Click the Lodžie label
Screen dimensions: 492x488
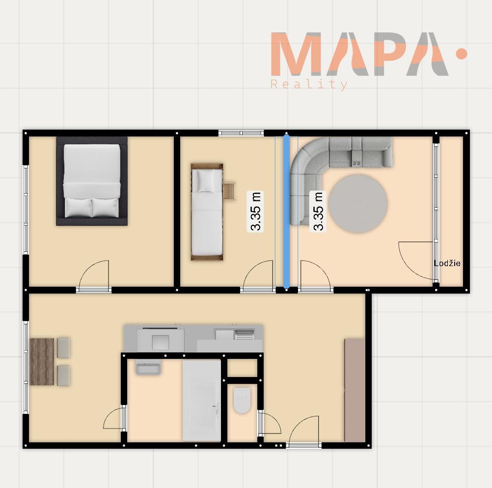(447, 263)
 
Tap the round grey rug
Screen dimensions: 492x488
(358, 204)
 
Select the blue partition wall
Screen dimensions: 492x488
(286, 211)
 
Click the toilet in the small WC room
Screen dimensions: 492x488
(242, 401)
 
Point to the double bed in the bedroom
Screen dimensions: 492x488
(92, 181)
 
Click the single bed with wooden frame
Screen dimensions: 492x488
(207, 212)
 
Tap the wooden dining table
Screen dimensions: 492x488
(42, 361)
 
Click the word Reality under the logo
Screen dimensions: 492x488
(309, 85)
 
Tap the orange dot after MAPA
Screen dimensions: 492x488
(461, 54)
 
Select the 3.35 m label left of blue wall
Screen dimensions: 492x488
(256, 211)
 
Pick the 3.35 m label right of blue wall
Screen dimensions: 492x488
(318, 211)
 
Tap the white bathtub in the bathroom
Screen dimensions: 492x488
(201, 401)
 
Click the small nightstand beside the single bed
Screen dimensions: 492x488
(229, 190)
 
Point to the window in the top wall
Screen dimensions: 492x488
(241, 133)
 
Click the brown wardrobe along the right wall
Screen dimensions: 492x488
(355, 390)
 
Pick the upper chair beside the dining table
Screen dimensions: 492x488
(64, 348)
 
